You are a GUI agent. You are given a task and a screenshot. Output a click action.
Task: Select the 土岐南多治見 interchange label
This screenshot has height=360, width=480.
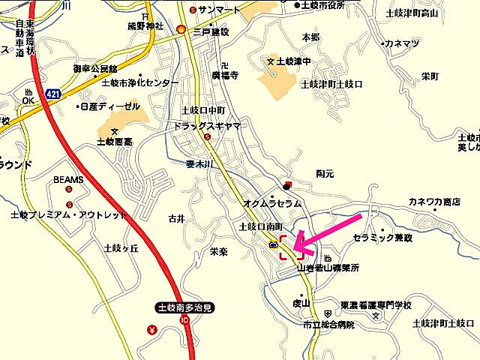[184, 307]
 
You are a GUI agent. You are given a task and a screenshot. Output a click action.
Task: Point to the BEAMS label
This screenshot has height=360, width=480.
[68, 180]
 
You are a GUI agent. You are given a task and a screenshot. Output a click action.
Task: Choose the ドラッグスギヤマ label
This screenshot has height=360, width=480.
[206, 126]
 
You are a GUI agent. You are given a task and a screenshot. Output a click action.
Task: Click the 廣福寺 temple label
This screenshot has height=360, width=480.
[224, 76]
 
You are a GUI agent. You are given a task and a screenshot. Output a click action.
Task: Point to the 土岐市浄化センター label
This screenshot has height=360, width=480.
[140, 82]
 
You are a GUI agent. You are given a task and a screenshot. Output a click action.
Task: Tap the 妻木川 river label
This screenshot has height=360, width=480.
[200, 160]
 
